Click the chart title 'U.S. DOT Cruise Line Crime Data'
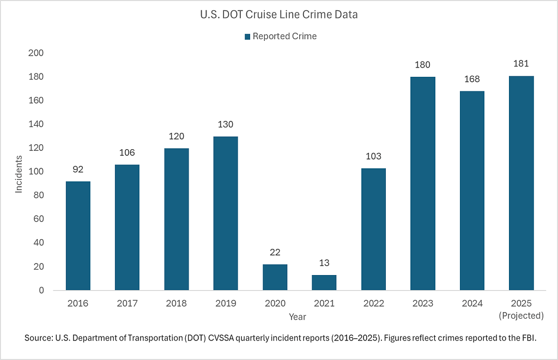click(x=278, y=15)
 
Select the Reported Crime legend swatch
click(x=247, y=36)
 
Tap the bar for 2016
click(x=78, y=236)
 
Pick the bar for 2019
click(x=226, y=213)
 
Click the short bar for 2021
click(x=324, y=283)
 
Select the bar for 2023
click(x=422, y=184)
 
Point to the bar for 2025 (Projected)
click(x=521, y=183)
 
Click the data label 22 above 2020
click(x=275, y=252)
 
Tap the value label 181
click(x=521, y=64)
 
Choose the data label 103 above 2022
click(x=373, y=156)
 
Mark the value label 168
click(x=472, y=80)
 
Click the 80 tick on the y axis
click(x=39, y=196)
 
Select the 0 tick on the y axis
click(x=41, y=290)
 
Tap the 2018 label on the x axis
click(x=177, y=303)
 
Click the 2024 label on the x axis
click(x=472, y=303)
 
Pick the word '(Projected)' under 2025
click(x=521, y=315)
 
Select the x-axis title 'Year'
click(x=298, y=316)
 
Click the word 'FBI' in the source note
click(x=524, y=338)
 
